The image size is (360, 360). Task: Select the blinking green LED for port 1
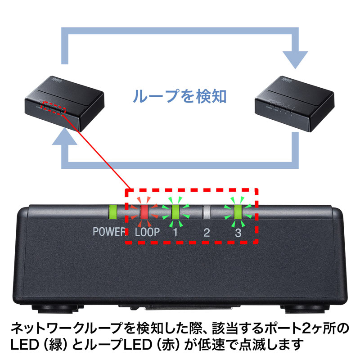pos(175,211)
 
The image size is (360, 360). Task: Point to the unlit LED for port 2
pos(207,211)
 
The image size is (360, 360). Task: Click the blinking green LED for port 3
pos(237,211)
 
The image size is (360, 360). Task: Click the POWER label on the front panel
pos(108,233)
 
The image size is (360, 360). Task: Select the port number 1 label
pos(175,233)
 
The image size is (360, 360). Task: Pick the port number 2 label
pos(207,233)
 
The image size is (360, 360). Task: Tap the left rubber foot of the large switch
pos(56,309)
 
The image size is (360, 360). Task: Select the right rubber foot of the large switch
pos(306,309)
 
